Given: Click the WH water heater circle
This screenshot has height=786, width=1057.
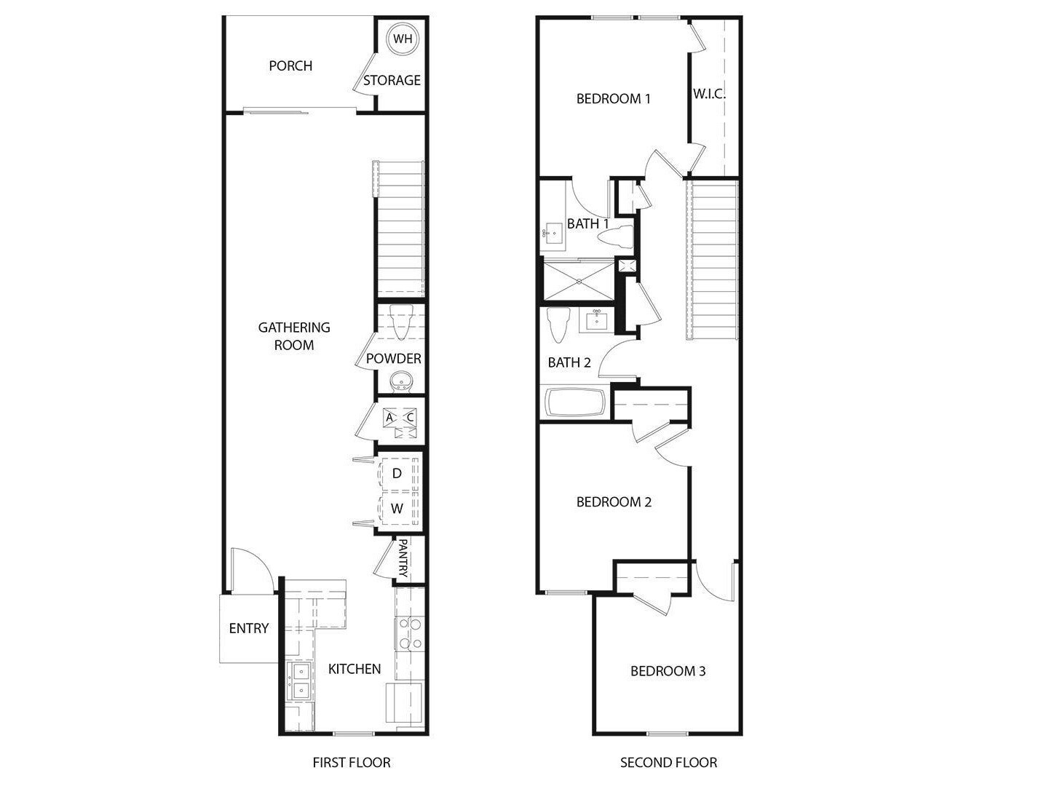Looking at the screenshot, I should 402,39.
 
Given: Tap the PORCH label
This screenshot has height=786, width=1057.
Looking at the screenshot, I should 290,65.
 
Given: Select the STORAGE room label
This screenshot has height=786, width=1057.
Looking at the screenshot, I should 392,80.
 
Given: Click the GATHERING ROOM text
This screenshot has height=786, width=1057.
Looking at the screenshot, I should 294,336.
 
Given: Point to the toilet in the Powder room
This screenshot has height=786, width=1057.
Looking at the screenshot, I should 400,322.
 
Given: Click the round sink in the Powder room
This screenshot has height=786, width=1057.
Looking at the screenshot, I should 400,381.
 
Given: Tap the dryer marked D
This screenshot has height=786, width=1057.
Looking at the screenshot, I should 397,474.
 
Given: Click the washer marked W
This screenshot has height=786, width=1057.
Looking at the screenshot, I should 397,509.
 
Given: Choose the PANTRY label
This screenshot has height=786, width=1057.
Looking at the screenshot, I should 403,557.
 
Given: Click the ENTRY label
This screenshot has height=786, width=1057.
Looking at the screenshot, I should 249,628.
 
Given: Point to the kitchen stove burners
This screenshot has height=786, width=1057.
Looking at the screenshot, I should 409,633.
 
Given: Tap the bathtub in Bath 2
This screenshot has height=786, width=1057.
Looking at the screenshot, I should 575,402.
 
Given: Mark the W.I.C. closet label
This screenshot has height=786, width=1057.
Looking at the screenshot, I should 709,94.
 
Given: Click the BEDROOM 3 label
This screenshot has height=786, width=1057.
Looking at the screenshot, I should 668,671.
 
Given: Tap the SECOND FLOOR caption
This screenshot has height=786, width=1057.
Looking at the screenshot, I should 668,763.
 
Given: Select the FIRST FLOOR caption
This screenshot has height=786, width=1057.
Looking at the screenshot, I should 352,763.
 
